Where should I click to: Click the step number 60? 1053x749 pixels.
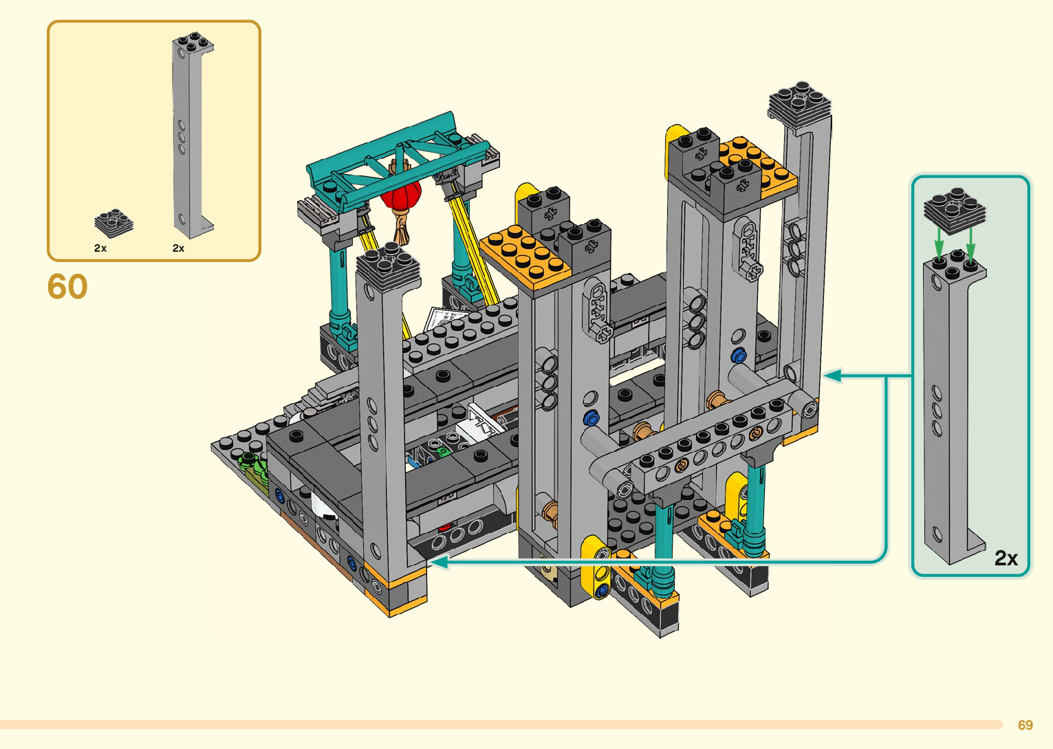pos(67,286)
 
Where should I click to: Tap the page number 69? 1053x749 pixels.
pos(1025,724)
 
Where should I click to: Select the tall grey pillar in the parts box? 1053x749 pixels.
pos(192,135)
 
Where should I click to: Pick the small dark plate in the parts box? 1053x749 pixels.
pos(113,223)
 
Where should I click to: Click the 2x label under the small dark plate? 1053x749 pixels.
pos(100,248)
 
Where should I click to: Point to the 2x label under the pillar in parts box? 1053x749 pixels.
pos(178,248)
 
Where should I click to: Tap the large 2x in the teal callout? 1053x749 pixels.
pos(1006,558)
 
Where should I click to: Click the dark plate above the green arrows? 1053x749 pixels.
pos(955,210)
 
